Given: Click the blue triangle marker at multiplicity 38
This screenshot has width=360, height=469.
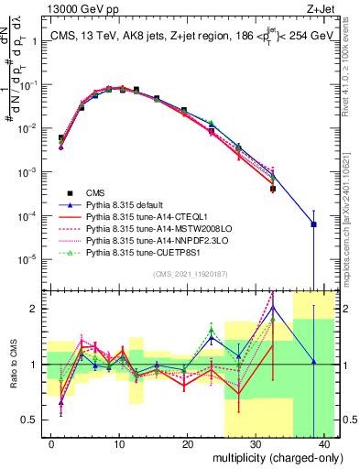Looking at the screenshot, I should click(x=313, y=224).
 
